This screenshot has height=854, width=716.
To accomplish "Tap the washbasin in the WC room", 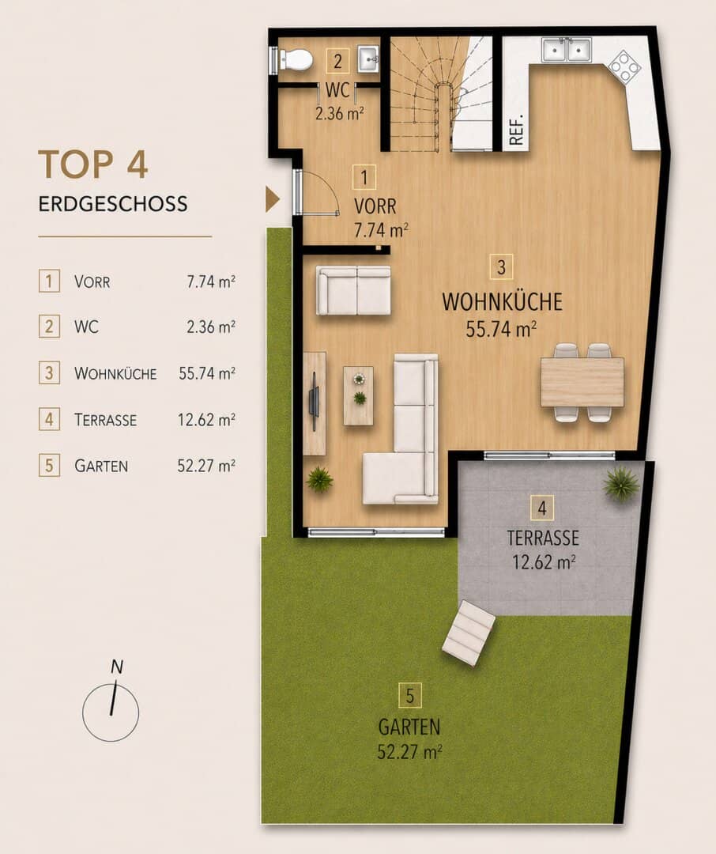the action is tap(368, 59).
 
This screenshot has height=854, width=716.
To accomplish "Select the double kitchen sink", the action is tap(567, 50).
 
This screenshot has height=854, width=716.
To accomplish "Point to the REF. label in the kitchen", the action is tap(516, 130).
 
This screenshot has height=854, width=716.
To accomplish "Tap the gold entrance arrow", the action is tap(273, 198).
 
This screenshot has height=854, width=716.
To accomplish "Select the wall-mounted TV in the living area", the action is tap(315, 402).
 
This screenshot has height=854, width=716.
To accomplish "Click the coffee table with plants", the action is tap(358, 395).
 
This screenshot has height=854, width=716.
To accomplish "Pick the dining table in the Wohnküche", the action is tap(582, 382).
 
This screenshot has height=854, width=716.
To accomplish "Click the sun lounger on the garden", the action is tap(469, 633).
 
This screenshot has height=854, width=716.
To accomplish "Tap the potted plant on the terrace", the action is tap(620, 483).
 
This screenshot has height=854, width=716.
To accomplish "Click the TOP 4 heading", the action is tap(93, 164).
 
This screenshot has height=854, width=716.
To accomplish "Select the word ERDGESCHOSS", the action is tap(113, 204).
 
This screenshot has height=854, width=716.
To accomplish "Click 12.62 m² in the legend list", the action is tap(206, 420).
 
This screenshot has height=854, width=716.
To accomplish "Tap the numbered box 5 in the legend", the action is tap(49, 466).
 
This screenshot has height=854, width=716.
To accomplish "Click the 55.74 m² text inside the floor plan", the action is tap(502, 329).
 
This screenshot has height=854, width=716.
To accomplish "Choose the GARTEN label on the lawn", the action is tap(409, 727).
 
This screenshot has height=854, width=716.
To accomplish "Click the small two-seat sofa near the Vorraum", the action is tap(354, 290).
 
